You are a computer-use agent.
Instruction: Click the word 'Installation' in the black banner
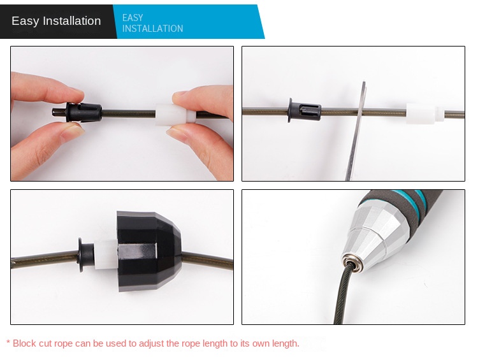71,21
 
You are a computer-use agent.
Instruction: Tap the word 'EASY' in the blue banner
133,18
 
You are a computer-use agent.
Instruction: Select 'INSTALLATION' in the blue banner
152,29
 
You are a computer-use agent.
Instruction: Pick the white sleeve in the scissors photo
424,113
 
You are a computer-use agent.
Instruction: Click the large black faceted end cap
148,251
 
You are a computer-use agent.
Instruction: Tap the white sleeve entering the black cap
105,255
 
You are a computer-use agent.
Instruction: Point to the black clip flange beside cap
81,255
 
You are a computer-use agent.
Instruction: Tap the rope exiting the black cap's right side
207,260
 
